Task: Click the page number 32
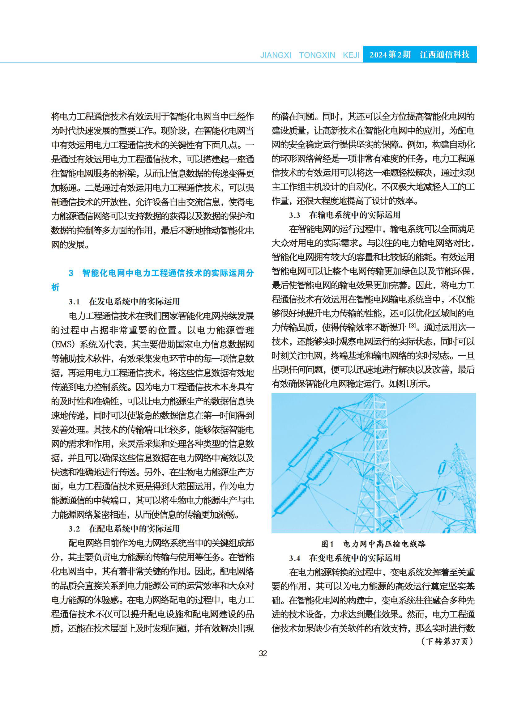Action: pos(263,654)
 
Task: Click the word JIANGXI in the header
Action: pos(276,55)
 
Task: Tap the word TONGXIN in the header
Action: pos(317,55)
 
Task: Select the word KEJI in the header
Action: pos(351,55)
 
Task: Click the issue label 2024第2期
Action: pos(390,55)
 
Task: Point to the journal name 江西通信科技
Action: pos(444,55)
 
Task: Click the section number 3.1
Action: pos(74,302)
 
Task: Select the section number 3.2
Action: pos(74,529)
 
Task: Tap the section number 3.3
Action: pos(294,215)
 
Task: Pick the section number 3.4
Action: pos(294,558)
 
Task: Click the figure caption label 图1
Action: pos(327,544)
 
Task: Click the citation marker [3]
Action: pos(412,325)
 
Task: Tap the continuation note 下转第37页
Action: pos(447,642)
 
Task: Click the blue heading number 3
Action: pos(71,273)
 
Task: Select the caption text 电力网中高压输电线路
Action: pos(384,544)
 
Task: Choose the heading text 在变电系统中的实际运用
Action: pos(355,558)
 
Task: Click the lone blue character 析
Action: pos(55,287)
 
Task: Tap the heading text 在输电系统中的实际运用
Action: pos(355,215)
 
